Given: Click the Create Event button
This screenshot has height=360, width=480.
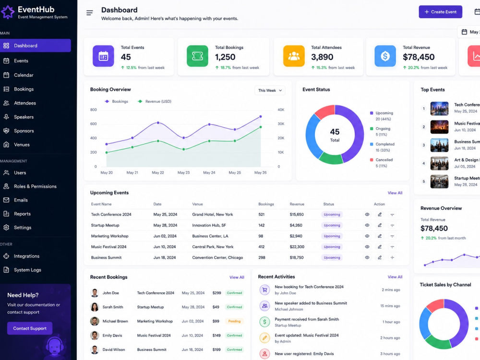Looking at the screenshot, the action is pos(440,12).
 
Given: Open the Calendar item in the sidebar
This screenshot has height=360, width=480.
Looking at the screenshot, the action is pos(24,75).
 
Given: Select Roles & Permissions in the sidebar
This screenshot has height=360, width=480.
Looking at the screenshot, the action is pos(35,186).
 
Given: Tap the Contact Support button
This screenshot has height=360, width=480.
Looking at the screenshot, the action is pos(30,328).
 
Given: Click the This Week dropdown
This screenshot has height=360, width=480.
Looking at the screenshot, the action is pos(270,90).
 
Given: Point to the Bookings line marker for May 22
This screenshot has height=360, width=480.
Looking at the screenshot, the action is pos(158,123).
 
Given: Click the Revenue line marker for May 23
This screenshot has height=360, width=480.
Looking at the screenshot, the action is pos(184,149).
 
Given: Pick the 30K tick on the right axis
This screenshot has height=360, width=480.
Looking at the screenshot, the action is pos(281,124).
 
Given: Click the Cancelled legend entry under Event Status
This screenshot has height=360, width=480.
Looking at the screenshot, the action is pos(382,163).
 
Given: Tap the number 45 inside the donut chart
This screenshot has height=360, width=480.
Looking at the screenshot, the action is pos(335,132).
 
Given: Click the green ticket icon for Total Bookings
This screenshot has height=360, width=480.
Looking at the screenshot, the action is pos(197,56).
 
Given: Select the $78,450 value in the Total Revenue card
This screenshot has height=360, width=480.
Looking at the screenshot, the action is pos(419,57).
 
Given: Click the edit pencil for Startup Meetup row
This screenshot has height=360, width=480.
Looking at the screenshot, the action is pos(380,225).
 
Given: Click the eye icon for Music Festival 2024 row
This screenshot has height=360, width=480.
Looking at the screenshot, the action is pos(367,247).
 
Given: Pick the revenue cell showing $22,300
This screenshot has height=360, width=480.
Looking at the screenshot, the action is pos(297,247).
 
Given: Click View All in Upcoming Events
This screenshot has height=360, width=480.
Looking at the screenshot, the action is pos(395,193).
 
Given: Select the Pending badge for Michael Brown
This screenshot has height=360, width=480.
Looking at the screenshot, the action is pos(234,321).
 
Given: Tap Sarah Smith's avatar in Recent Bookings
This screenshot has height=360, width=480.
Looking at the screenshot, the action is pos(95,307).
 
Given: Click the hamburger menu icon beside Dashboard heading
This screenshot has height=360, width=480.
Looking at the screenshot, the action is pos(89,13).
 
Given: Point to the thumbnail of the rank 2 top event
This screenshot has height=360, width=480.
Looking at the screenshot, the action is pos(439,127).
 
